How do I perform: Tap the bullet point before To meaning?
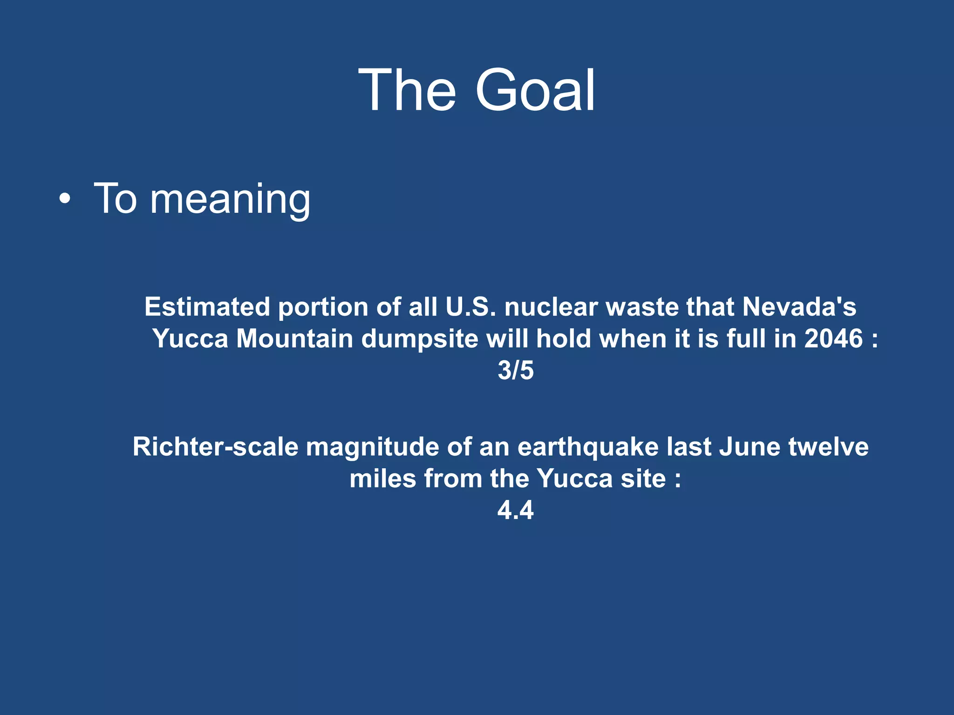65,200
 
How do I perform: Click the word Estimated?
207,307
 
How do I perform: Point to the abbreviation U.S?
470,307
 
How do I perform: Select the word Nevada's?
799,307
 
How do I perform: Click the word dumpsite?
420,338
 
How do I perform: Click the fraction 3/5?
516,371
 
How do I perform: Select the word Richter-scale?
215,447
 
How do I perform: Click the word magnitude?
372,447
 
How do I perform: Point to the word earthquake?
588,447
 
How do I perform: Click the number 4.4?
515,510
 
